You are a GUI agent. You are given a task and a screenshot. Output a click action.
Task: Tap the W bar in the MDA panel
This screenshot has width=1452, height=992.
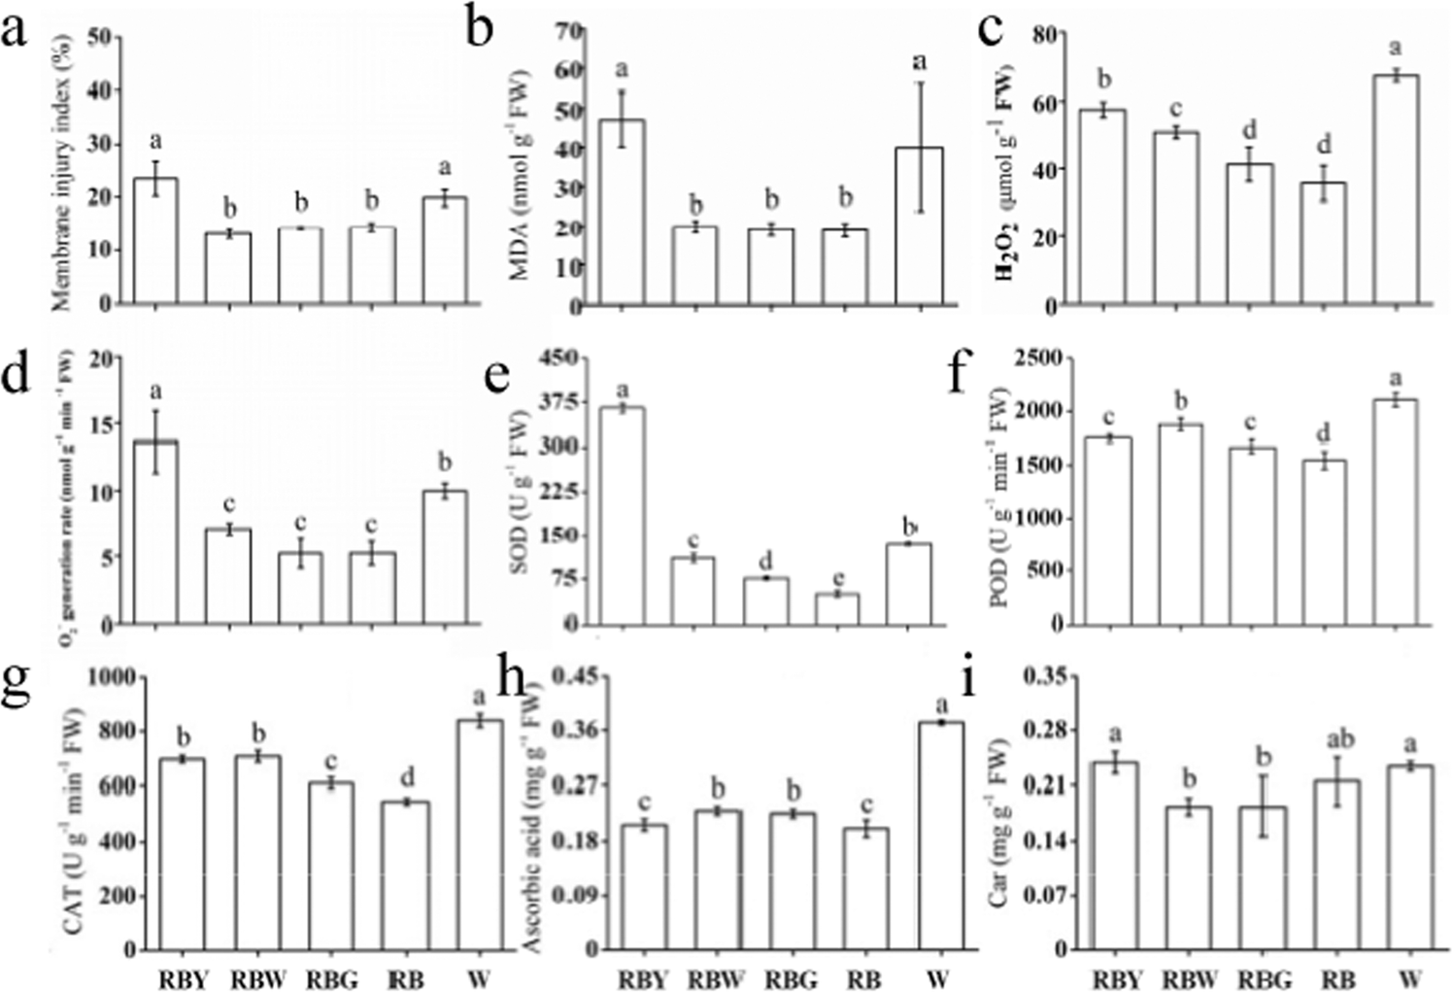point(918,227)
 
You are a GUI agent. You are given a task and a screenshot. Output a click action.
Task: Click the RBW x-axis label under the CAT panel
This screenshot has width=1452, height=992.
point(257,978)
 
